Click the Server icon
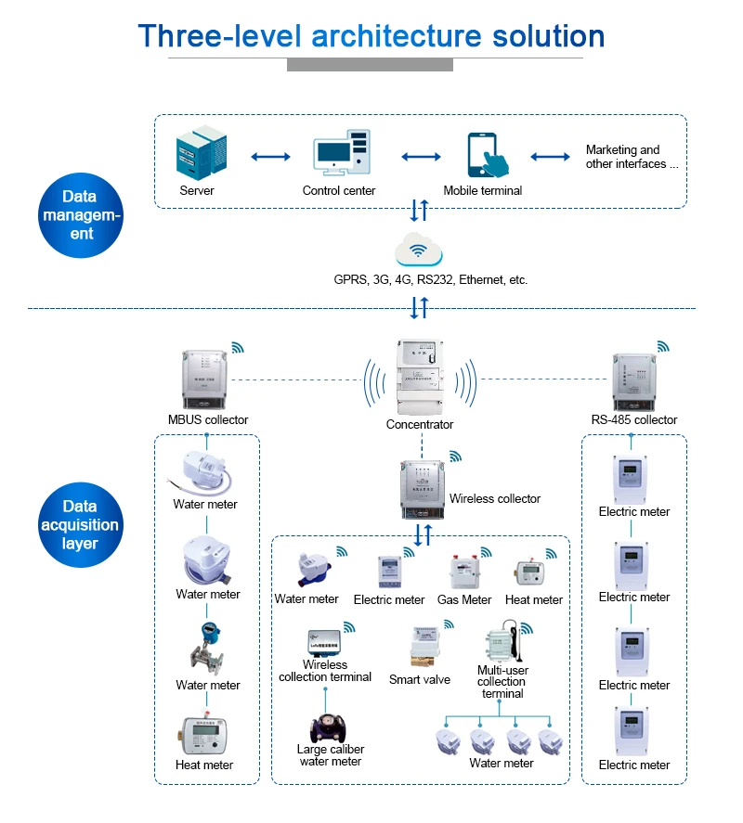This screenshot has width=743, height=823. (x=201, y=155)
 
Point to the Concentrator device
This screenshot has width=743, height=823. (x=421, y=378)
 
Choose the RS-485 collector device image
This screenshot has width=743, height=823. (x=636, y=380)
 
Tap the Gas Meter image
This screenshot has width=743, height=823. (x=463, y=573)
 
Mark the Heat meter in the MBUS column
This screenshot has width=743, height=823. (x=203, y=736)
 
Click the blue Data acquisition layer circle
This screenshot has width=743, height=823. (x=80, y=524)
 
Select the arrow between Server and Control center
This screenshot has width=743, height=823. (x=269, y=156)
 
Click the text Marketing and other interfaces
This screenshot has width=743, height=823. (x=632, y=157)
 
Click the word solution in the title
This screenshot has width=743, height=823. (x=548, y=36)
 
